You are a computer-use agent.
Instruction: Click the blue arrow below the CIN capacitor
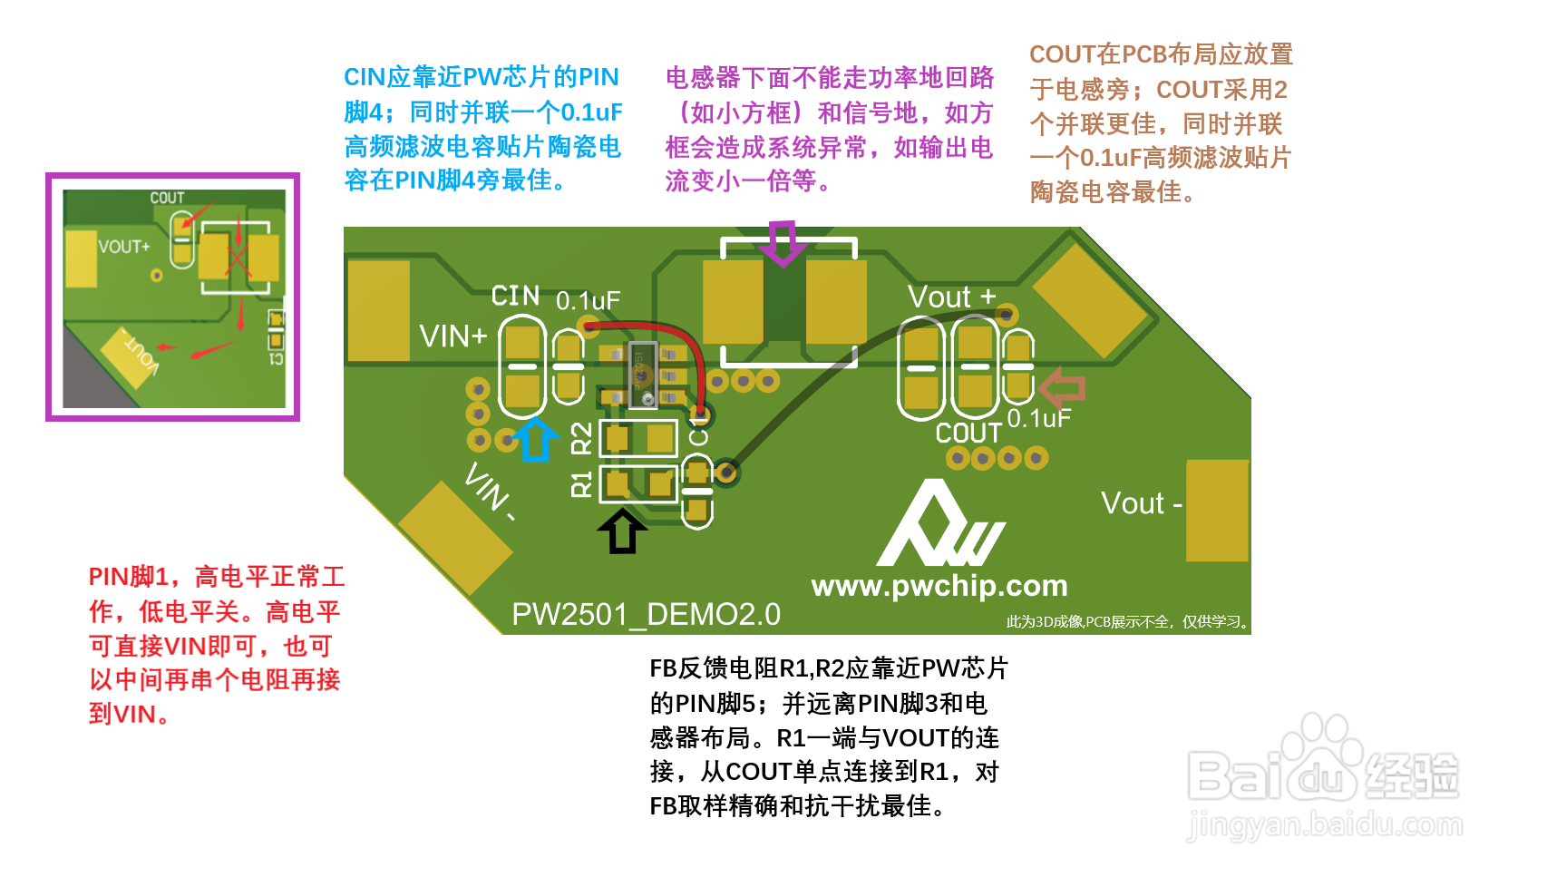click(x=535, y=440)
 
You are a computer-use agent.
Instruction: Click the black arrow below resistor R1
click(x=622, y=531)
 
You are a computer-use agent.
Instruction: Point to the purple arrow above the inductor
click(x=782, y=243)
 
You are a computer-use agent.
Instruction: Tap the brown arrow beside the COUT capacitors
click(x=1062, y=388)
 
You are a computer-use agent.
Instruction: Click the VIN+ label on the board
click(x=453, y=336)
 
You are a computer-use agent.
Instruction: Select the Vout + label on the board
click(x=951, y=297)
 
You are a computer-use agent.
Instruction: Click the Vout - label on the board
click(x=1141, y=503)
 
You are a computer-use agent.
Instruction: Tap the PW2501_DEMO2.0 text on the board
click(x=646, y=615)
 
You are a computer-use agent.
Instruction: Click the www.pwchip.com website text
click(x=939, y=586)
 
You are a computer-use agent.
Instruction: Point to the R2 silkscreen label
click(x=581, y=438)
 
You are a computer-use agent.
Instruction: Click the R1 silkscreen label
click(x=581, y=483)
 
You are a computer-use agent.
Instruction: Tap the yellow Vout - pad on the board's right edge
click(x=1217, y=511)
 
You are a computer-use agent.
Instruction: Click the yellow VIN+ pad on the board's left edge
click(x=378, y=311)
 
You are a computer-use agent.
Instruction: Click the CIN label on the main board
click(x=515, y=296)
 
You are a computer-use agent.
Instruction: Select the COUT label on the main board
click(x=968, y=434)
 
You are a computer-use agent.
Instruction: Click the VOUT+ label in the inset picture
click(x=124, y=247)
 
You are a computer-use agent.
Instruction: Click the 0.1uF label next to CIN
click(x=588, y=301)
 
